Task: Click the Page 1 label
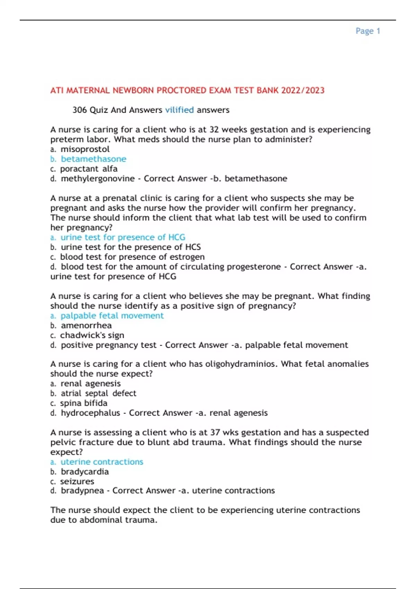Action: [367, 31]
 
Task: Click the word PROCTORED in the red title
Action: [181, 90]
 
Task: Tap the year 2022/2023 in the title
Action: [303, 90]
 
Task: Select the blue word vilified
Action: [179, 110]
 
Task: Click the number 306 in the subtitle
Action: [79, 110]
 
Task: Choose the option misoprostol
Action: [85, 149]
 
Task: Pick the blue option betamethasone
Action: [93, 159]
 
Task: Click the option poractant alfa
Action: [89, 169]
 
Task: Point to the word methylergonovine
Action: [98, 179]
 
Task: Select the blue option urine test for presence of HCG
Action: [123, 237]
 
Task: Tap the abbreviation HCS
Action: [193, 247]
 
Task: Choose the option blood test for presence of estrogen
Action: [132, 257]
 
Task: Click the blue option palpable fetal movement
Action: [112, 316]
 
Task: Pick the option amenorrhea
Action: [86, 326]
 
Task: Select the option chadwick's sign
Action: [92, 335]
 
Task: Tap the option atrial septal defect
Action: [98, 394]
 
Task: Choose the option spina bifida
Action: [84, 403]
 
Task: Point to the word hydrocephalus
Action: [90, 413]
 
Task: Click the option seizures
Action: [77, 482]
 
